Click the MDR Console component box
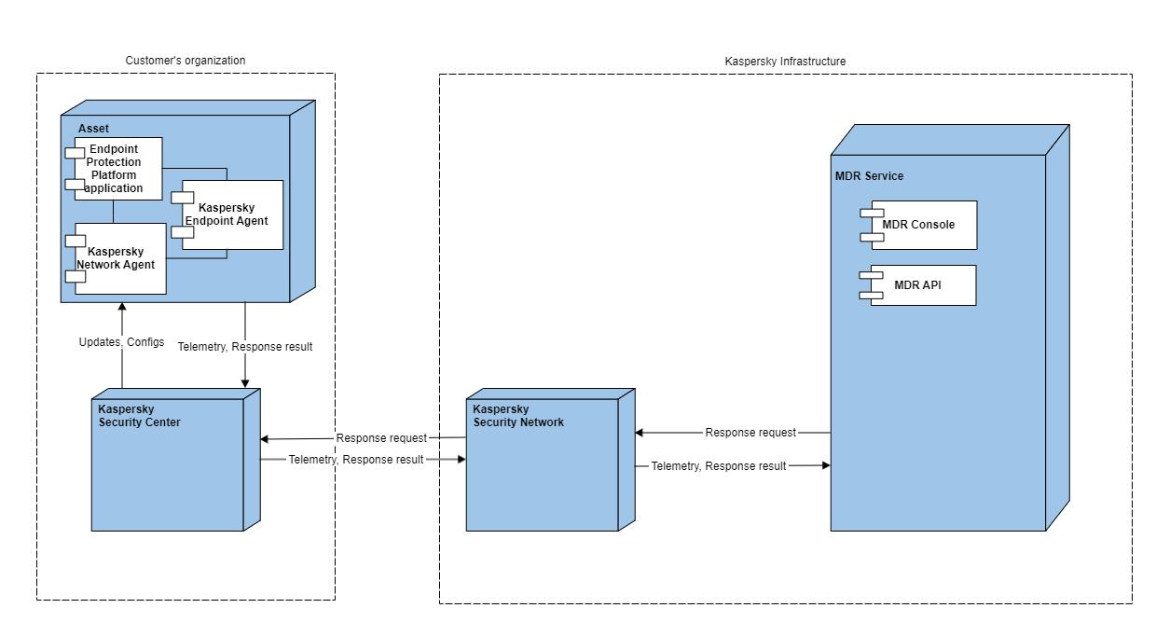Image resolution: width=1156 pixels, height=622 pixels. coord(924,225)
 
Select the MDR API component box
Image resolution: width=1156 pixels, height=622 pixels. coord(923,285)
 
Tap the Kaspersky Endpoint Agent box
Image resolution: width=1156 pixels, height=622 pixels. coord(233,214)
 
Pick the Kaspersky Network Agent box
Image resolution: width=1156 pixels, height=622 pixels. coord(121,258)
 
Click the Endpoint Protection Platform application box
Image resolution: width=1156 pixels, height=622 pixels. coord(118,169)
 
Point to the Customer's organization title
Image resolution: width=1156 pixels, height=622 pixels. coord(186,61)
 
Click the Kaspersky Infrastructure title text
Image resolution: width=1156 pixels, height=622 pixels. coord(785,62)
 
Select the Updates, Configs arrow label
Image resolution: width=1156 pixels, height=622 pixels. coord(121,342)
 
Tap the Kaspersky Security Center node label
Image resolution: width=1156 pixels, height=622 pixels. coord(140,416)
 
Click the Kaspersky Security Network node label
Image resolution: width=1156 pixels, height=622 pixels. coord(518,416)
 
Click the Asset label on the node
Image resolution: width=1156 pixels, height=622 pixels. coord(93,127)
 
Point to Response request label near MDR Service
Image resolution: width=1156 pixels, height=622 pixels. coord(750,433)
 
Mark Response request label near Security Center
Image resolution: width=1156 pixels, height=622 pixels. coord(381,438)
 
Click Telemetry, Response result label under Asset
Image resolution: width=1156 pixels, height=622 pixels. coord(245,347)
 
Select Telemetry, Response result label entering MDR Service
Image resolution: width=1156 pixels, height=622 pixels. coord(718,466)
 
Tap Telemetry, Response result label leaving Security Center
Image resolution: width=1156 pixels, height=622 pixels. coord(355,460)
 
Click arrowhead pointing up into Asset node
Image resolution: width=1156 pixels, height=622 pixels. coord(121,308)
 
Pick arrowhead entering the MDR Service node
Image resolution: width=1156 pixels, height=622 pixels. coord(825,464)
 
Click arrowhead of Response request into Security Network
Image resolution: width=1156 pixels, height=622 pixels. coord(640,433)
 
